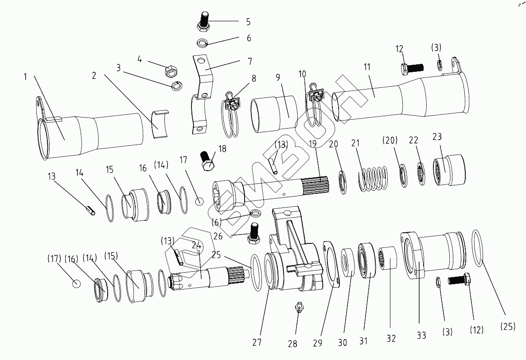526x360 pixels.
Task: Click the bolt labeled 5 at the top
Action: pyautogui.click(x=204, y=21)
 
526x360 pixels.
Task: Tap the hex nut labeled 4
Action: pyautogui.click(x=171, y=70)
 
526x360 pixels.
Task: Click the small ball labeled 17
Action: pyautogui.click(x=199, y=201)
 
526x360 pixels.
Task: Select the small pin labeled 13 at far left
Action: pyautogui.click(x=90, y=210)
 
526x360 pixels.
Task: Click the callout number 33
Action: pyautogui.click(x=421, y=335)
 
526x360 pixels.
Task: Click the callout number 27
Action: pyautogui.click(x=257, y=342)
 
